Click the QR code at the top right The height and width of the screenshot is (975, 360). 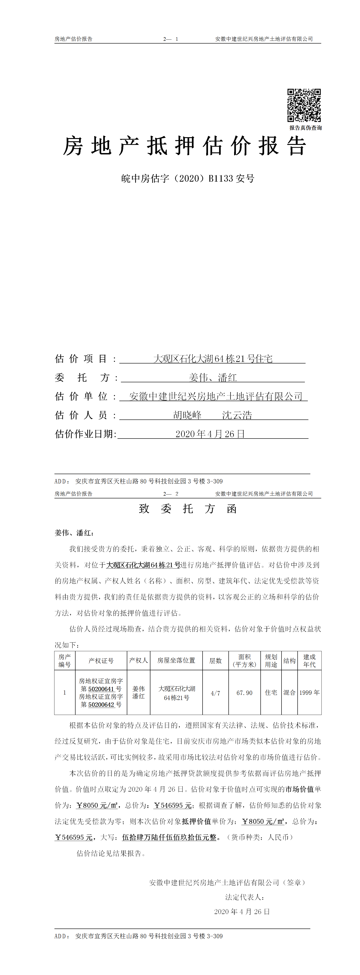coord(304,105)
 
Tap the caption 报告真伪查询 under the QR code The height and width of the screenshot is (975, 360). coord(306,128)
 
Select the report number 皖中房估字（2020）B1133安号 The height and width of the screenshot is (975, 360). coord(188,179)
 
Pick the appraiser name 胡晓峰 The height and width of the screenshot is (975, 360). coord(187,415)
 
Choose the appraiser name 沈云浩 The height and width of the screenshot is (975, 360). coord(237,415)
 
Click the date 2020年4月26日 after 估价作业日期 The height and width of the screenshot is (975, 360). coord(210,434)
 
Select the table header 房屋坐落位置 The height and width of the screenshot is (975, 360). coord(176,661)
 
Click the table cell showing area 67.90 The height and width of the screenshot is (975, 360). coord(245,693)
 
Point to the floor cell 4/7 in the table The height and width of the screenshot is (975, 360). coord(216,693)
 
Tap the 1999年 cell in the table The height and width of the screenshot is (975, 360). coord(309,693)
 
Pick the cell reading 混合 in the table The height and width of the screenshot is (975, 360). coord(290,693)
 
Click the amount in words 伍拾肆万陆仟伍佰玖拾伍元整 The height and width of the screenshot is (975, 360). coord(169,837)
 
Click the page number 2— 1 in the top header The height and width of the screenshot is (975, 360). coord(171,39)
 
